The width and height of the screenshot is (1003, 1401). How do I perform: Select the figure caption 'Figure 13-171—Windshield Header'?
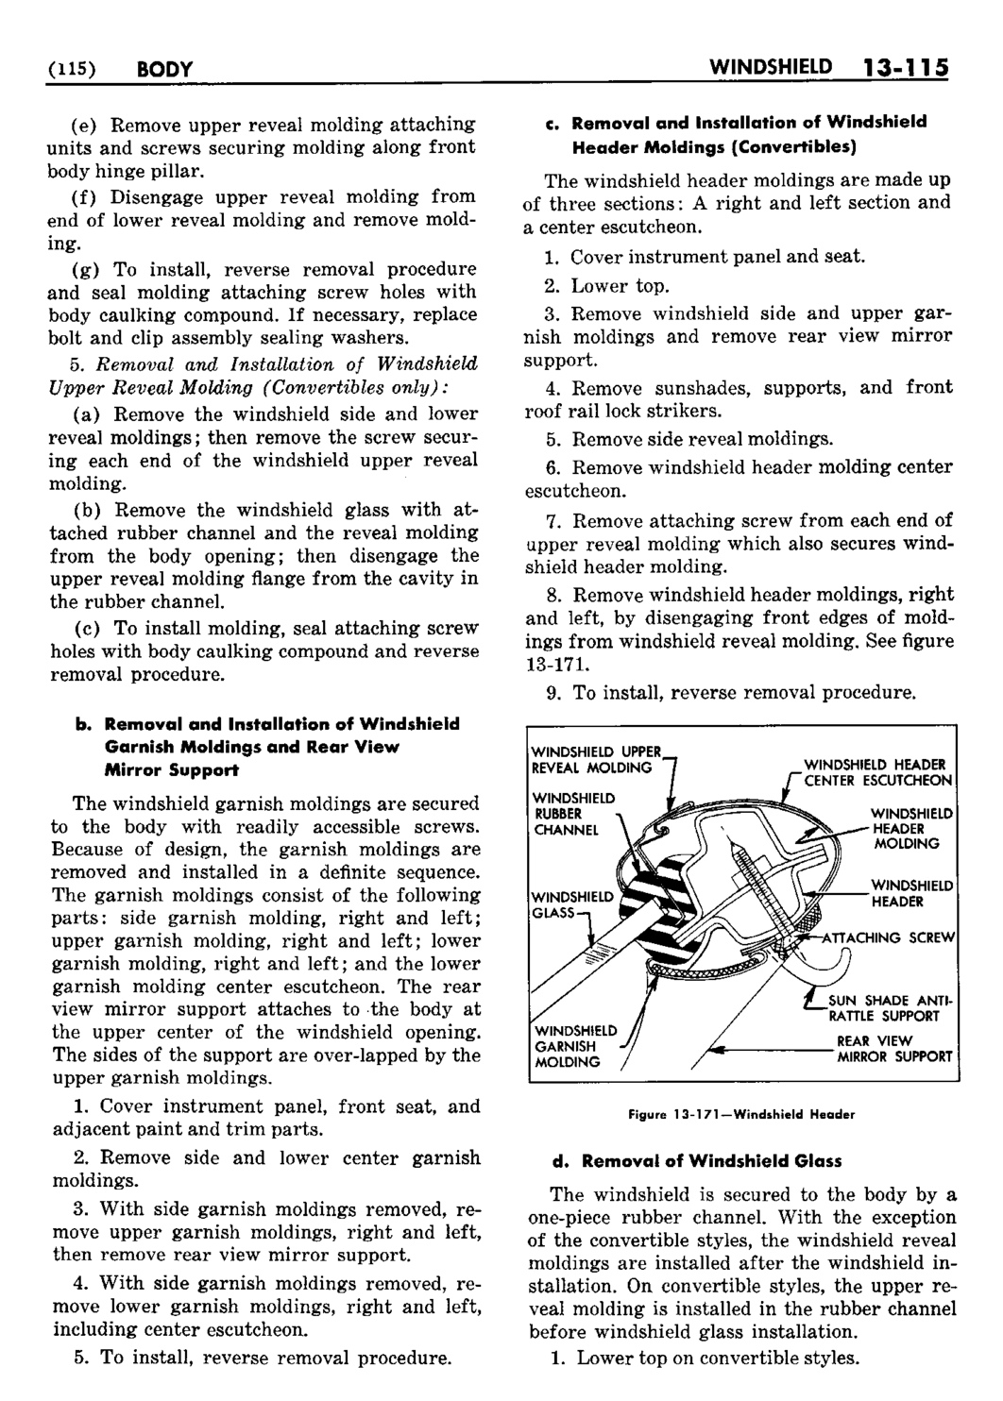[741, 1114]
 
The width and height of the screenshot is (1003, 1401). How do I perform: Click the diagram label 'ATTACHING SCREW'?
[889, 937]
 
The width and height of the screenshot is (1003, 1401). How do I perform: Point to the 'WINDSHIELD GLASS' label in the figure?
[570, 903]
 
